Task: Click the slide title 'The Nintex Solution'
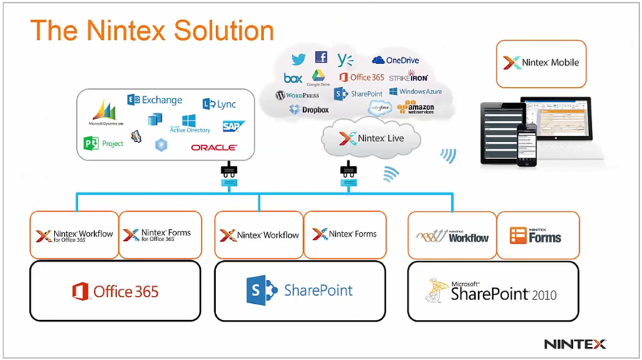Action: pos(152,31)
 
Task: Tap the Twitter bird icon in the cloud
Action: pos(298,59)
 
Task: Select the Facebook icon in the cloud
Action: pos(321,58)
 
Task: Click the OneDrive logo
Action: pos(394,61)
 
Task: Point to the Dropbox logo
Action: pos(309,110)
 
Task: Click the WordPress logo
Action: pos(297,95)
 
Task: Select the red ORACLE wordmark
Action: pos(213,148)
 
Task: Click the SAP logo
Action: pos(233,126)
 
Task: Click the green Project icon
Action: pos(103,143)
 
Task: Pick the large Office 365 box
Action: pos(115,291)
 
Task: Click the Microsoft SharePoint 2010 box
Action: pos(493,291)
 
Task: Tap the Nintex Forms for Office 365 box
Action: pos(157,235)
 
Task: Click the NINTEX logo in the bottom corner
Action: pos(575,344)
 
